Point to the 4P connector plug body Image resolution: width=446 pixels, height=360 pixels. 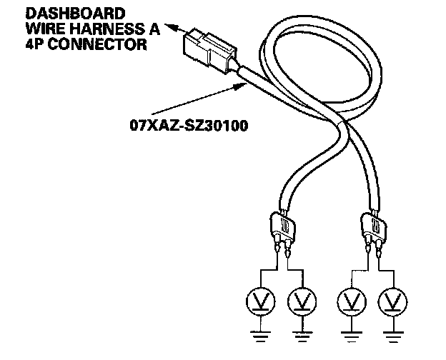tap(203, 49)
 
